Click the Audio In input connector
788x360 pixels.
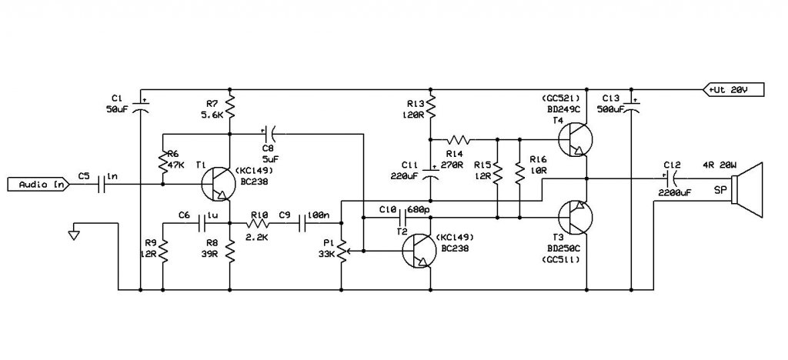38,185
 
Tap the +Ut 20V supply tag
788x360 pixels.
733,90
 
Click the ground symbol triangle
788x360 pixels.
74,234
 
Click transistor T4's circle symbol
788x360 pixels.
576,139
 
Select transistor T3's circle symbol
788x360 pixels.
576,218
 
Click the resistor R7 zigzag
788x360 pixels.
229,106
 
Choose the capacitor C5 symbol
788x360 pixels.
102,185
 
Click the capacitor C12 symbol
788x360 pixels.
670,178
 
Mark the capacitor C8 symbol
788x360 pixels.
269,134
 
